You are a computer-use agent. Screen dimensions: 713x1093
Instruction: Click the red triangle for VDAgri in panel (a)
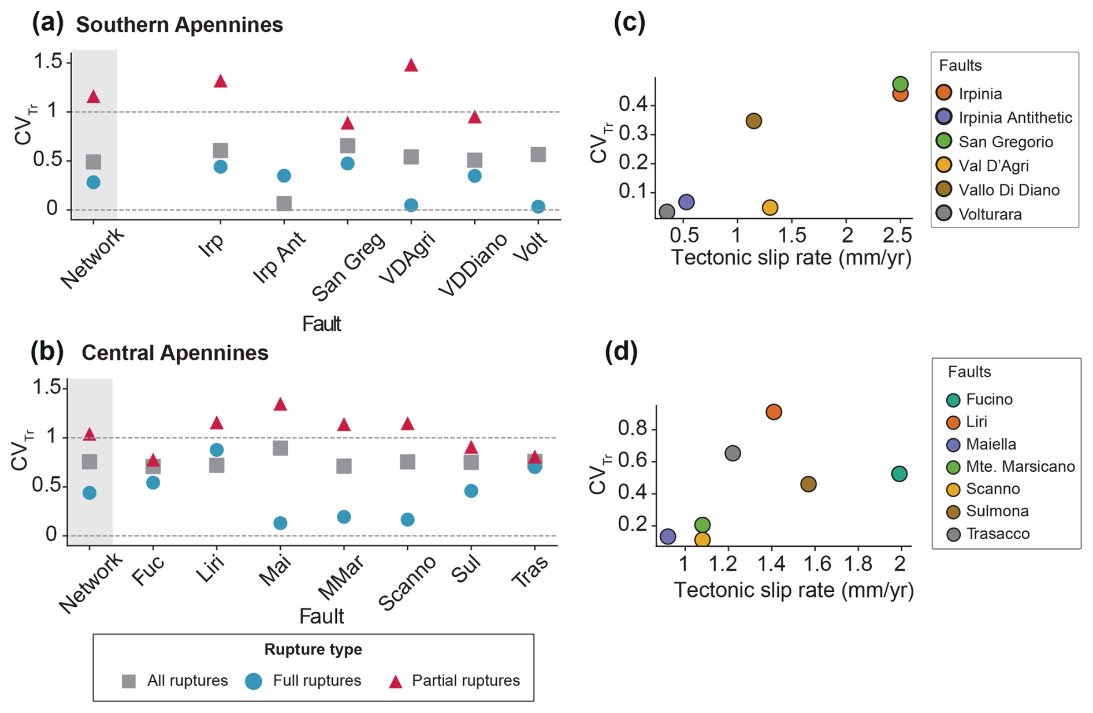[x=411, y=65]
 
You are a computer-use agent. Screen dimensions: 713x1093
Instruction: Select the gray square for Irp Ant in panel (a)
[x=284, y=203]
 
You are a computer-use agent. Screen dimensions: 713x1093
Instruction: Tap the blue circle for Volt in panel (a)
[x=538, y=207]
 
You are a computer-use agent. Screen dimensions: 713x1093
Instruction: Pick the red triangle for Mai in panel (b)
[x=280, y=404]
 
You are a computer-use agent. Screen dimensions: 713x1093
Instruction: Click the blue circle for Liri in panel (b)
[x=217, y=450]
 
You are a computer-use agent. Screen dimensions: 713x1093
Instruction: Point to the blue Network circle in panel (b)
[x=90, y=492]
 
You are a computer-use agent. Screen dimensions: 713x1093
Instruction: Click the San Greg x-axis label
[x=348, y=266]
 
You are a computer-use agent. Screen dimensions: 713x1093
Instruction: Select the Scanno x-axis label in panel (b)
[x=407, y=583]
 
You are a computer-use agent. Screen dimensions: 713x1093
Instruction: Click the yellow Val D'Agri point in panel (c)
[x=769, y=207]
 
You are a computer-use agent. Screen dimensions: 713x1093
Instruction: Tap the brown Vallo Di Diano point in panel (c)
[x=753, y=121]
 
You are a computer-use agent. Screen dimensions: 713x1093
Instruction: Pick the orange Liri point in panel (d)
[x=774, y=412]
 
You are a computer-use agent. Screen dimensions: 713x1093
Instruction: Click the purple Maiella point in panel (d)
[x=668, y=536]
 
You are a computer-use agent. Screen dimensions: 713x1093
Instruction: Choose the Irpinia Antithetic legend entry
[x=1014, y=118]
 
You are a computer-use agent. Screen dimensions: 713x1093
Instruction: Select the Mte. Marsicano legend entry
[x=1020, y=466]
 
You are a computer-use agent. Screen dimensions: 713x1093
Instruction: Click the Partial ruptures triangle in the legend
[x=395, y=682]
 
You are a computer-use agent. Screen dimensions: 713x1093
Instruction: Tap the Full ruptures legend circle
[x=254, y=681]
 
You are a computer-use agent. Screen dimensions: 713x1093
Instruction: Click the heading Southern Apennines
[x=179, y=25]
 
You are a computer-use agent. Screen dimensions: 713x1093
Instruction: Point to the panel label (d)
[x=621, y=352]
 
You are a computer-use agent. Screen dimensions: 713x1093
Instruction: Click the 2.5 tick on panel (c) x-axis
[x=897, y=235]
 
